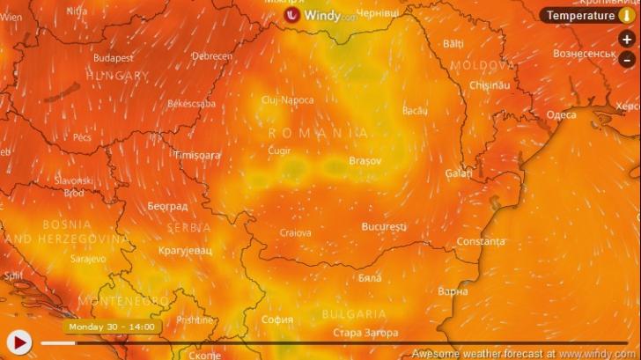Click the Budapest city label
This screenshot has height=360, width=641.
click(x=114, y=58)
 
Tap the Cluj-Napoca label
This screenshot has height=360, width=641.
click(x=287, y=100)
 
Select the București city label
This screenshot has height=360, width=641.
click(x=384, y=227)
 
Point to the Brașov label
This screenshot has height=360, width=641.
click(x=365, y=161)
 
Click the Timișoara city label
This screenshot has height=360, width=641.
click(x=197, y=155)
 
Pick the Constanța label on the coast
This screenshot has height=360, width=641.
click(x=481, y=241)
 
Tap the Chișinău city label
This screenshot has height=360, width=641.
click(x=490, y=85)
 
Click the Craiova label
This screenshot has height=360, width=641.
click(x=295, y=233)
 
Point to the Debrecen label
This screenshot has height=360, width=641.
click(x=212, y=56)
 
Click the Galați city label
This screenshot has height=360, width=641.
click(x=459, y=174)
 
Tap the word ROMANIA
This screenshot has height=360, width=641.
click(x=306, y=132)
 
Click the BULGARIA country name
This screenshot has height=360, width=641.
click(x=354, y=313)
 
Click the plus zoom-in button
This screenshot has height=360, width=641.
click(x=626, y=40)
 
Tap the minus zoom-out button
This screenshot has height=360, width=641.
click(x=626, y=59)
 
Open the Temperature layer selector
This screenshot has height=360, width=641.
click(x=586, y=15)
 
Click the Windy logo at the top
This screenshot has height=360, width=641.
click(x=320, y=15)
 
